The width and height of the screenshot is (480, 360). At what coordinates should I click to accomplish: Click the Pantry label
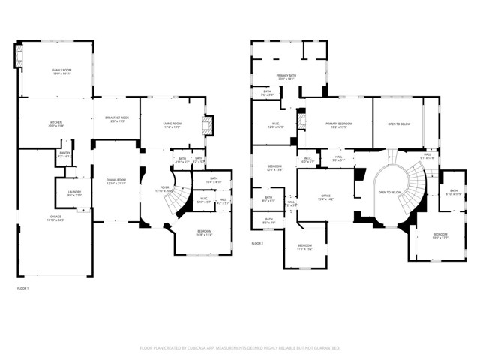click(64, 155)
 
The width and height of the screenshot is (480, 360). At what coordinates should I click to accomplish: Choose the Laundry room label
click(74, 193)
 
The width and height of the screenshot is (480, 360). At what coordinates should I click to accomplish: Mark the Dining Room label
click(115, 182)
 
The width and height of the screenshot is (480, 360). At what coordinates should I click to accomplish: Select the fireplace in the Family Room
click(19, 56)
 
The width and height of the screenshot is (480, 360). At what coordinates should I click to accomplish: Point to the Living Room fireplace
click(209, 123)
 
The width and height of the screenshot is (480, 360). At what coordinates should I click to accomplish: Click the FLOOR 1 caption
click(22, 288)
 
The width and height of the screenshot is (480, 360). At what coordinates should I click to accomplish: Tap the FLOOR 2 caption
click(258, 244)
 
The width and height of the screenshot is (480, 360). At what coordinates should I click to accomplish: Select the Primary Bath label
click(286, 76)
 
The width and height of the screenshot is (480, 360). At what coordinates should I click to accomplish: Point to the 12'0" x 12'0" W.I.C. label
click(275, 126)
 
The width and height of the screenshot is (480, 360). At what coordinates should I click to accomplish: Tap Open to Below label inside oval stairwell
click(389, 193)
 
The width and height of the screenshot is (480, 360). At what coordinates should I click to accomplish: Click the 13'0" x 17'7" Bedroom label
click(439, 236)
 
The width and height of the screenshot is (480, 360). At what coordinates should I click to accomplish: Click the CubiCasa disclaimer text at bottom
click(240, 348)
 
